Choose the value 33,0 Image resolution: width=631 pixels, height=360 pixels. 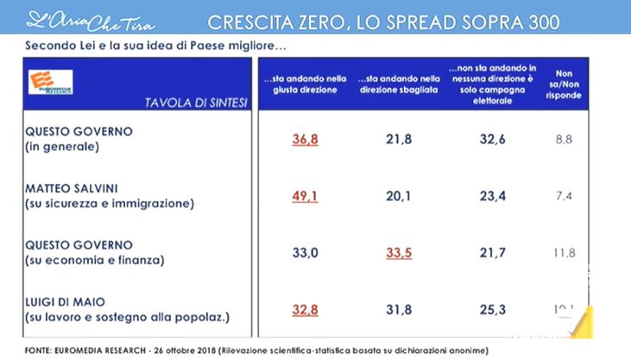(291, 254)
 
